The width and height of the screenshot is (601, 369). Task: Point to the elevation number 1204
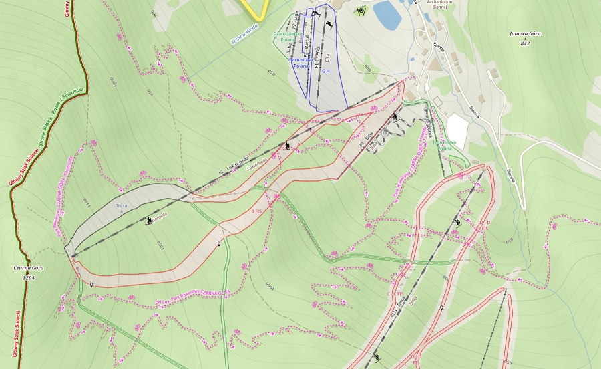coord(28,276)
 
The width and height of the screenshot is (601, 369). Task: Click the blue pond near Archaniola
coord(387,14)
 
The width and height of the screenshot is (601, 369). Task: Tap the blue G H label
coord(326,70)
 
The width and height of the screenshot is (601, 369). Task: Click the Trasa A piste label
coord(122,206)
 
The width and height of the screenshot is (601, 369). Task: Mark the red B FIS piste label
coord(256,211)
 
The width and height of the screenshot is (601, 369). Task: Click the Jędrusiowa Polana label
coord(445,145)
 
